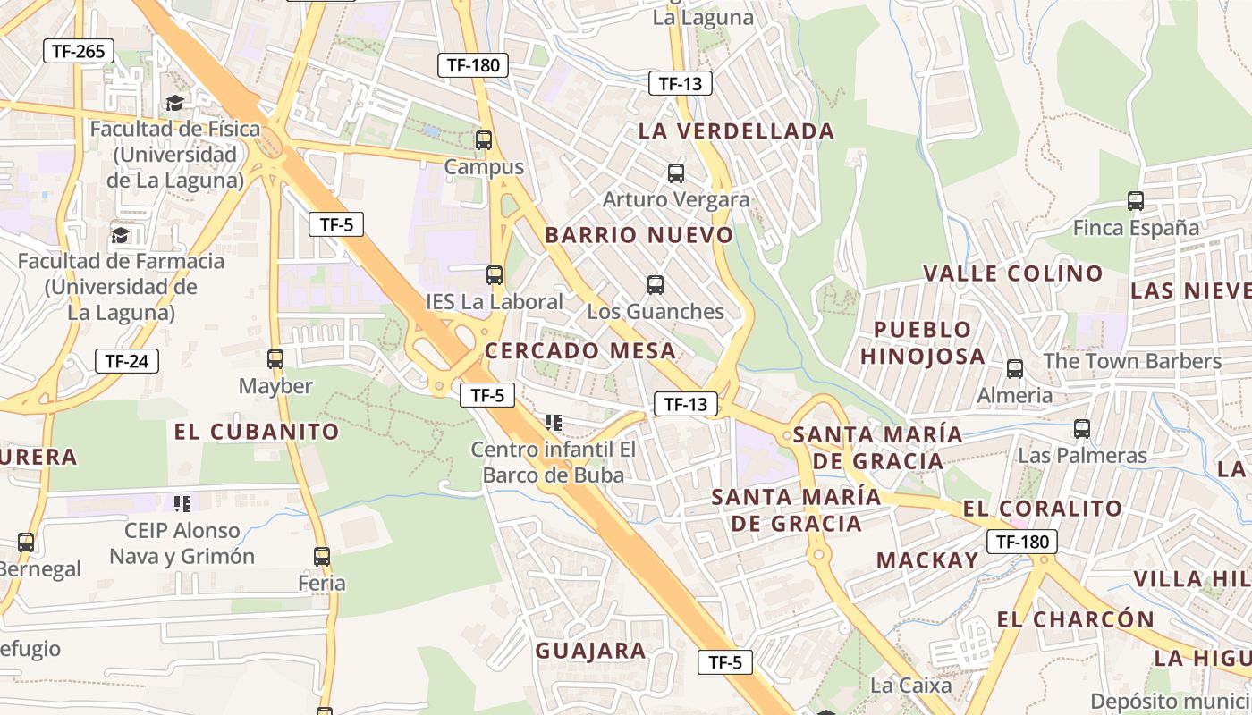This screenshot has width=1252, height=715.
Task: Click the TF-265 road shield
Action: pos(79,51)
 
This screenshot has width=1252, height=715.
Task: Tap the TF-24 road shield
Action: pos(127,361)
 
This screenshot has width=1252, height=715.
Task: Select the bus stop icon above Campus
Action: pos(484,140)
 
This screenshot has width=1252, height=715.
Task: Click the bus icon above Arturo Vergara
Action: pos(675,173)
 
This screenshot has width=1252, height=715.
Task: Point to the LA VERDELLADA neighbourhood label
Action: pos(736,131)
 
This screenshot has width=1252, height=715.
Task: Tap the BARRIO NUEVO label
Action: pos(639,235)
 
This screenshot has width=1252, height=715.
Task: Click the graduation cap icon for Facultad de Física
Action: pos(174,103)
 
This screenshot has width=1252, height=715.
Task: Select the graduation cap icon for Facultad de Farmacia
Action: pos(120,235)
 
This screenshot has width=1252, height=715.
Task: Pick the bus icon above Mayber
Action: pos(275,359)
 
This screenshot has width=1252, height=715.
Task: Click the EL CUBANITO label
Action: pos(257,432)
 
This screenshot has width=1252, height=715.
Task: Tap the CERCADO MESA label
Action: pos(579,350)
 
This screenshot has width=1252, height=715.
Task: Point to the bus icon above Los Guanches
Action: pos(656,285)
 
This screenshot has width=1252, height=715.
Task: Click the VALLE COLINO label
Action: pos(1012,273)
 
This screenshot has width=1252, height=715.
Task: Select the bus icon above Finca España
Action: pos(1136,201)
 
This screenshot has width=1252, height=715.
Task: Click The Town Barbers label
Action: pos(1132,361)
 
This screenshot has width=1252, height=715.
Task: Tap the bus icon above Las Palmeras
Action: pos(1082,429)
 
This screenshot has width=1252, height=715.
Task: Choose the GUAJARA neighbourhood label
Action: pos(590,651)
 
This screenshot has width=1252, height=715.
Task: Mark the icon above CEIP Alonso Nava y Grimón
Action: pos(182,504)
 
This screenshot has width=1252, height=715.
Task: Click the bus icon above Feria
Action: pos(322,556)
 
